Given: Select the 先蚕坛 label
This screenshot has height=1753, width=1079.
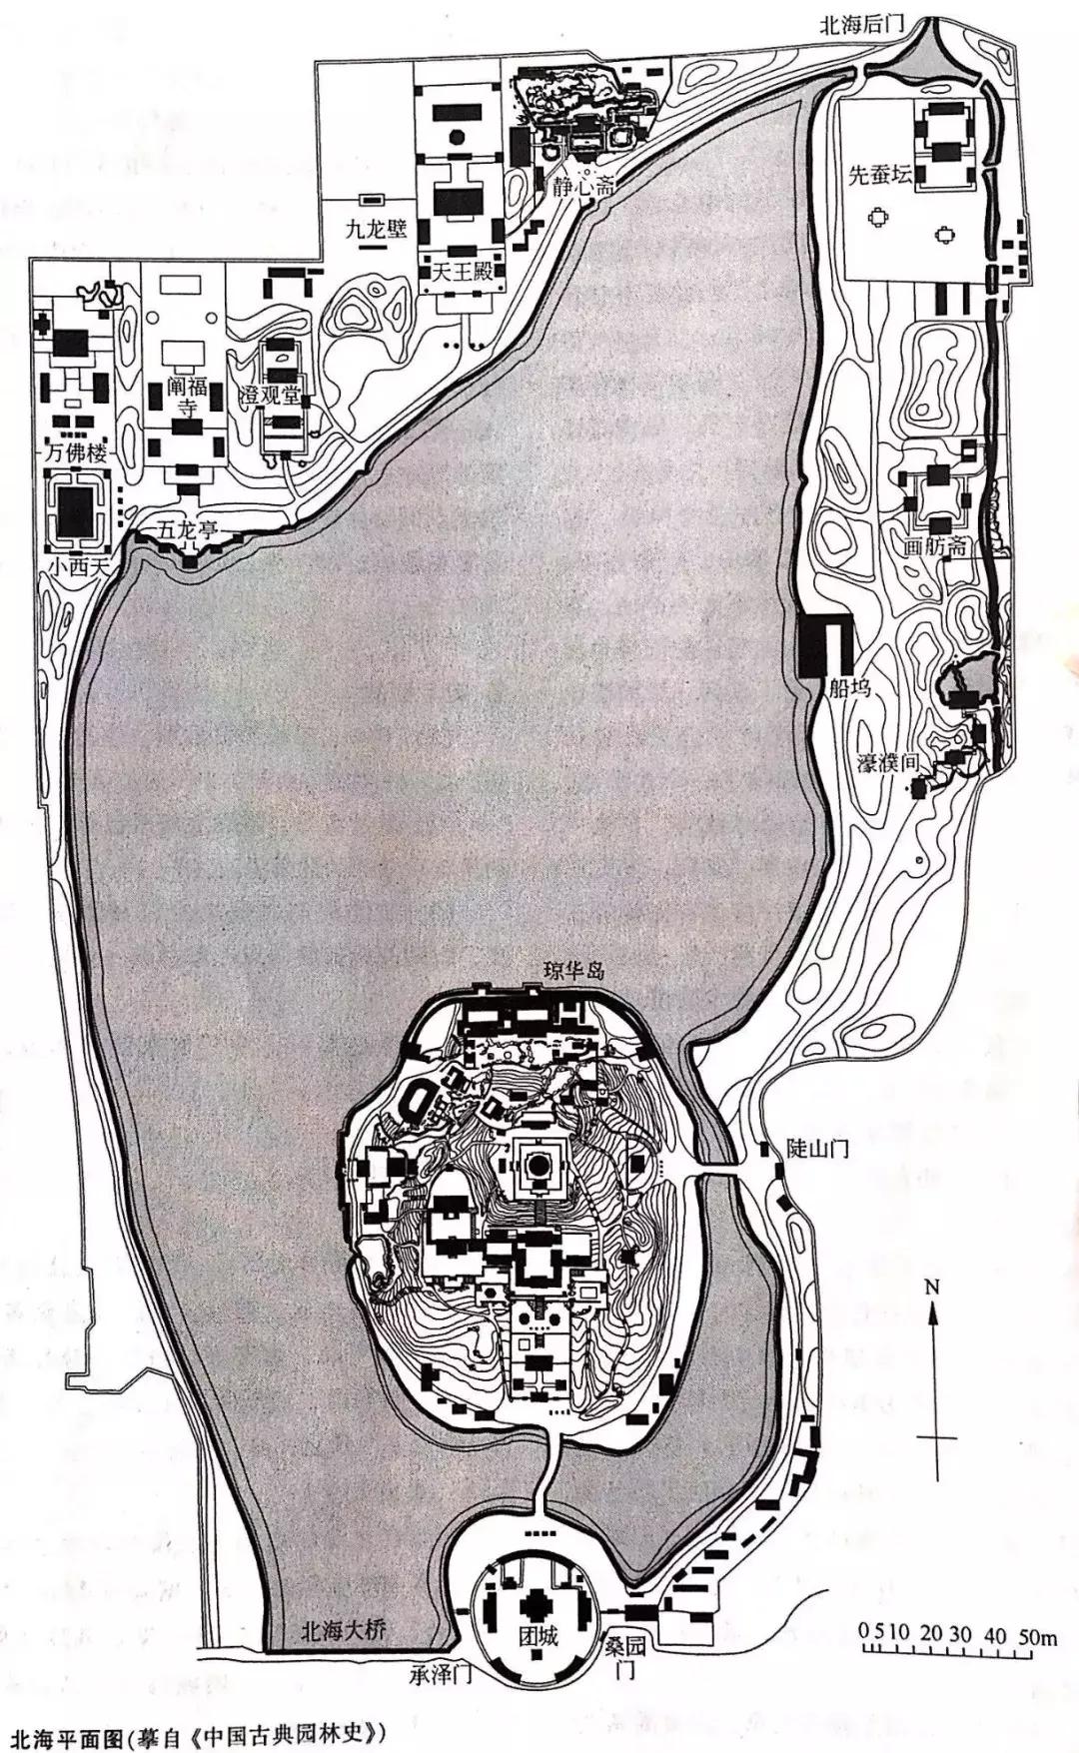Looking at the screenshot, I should click(x=880, y=174).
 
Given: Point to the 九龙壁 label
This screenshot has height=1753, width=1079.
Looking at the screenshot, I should click(x=377, y=229).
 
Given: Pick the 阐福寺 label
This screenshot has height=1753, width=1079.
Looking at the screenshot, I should click(x=187, y=396).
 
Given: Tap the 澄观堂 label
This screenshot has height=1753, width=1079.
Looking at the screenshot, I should click(x=270, y=397).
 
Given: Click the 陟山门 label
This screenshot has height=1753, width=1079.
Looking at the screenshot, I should click(x=817, y=1150).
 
